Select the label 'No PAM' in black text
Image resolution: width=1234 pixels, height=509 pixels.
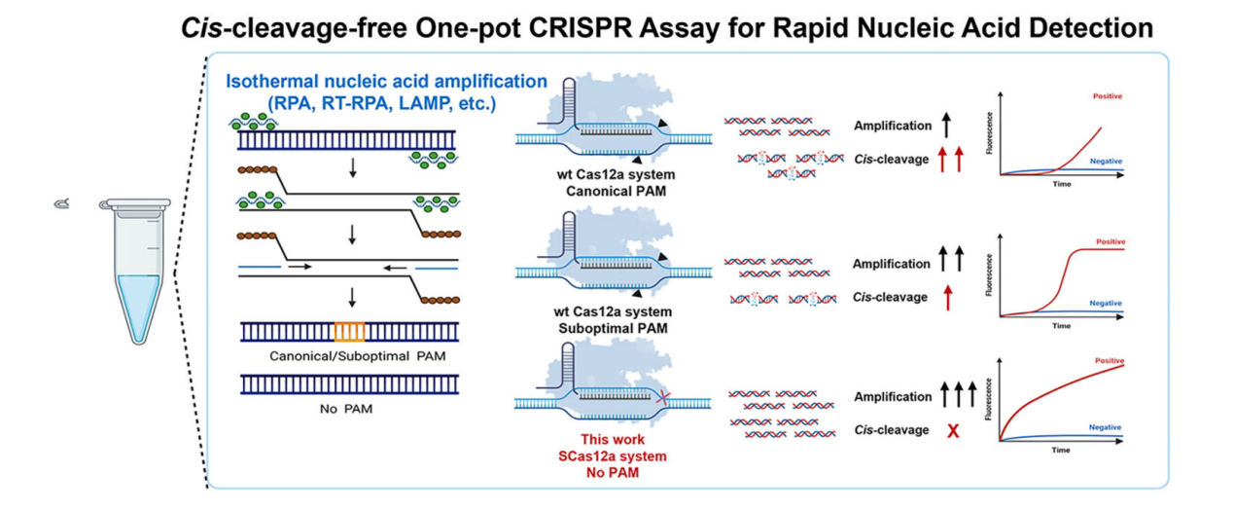coord(345,409)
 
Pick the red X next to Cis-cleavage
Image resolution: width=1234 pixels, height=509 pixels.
coord(953,430)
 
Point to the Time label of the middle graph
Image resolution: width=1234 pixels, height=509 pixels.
coord(1061,327)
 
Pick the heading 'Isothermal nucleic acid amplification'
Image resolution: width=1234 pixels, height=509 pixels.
coord(387,82)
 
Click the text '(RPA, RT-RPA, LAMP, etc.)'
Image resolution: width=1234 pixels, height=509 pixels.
coord(387,102)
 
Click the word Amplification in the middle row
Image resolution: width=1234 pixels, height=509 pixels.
coord(892,264)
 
